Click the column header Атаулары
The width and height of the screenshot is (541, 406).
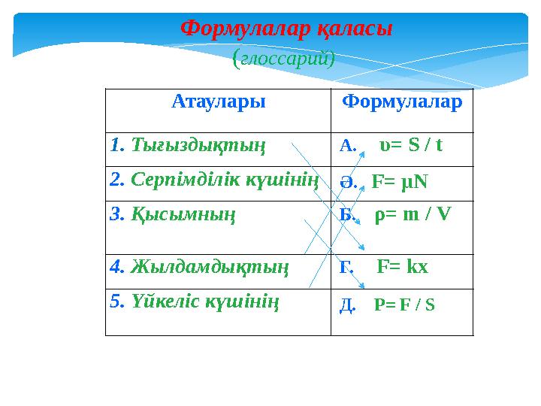pos(219,101)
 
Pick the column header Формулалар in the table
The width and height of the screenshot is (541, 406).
pos(402,101)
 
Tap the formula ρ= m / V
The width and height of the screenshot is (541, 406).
pos(413,215)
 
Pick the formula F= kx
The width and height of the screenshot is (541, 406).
pos(402,266)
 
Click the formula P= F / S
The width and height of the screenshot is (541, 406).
pos(404,305)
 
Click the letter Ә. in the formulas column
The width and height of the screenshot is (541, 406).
pos(346,181)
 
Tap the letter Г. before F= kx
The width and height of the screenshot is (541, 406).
pos(346,267)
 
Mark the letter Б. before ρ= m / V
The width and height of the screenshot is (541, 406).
pos(346,216)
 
